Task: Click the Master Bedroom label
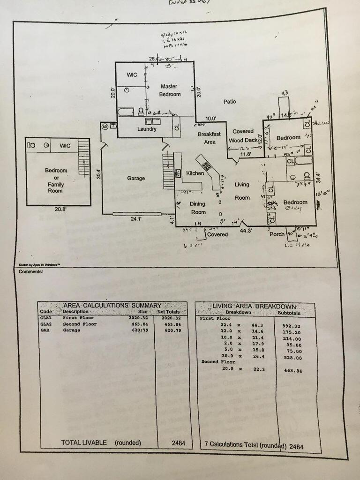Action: coord(170,90)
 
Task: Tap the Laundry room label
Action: coord(147,129)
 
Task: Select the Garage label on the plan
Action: coord(136,178)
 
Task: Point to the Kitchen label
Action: coord(195,173)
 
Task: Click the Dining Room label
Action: coord(197,208)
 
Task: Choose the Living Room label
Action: coord(242,191)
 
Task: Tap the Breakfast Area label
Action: coord(209,138)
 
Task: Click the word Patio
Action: coord(230,101)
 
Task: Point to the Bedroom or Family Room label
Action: coord(56,178)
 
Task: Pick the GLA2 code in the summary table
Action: coord(46,323)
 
